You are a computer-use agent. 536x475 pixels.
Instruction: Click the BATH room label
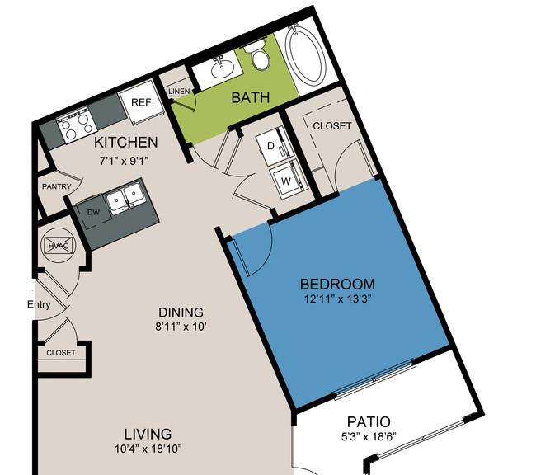click(251, 98)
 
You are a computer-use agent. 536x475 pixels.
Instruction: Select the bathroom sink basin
click(220, 68)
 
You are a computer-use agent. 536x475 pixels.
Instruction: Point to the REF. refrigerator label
click(143, 102)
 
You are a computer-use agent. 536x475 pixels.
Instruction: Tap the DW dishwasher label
click(93, 212)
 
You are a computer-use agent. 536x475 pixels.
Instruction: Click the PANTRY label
click(57, 186)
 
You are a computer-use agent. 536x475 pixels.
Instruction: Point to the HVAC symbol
click(58, 245)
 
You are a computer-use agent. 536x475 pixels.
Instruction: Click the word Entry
click(39, 304)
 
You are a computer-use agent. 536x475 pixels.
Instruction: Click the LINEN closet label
click(179, 91)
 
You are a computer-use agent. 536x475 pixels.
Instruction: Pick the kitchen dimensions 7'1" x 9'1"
click(125, 160)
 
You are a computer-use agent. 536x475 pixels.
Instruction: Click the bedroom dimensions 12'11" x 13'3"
click(338, 299)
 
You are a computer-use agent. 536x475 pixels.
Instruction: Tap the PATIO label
click(369, 421)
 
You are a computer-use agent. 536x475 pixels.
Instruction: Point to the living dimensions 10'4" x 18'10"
click(148, 449)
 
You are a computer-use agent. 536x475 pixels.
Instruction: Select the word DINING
click(181, 313)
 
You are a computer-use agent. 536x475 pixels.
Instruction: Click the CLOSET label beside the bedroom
click(332, 126)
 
